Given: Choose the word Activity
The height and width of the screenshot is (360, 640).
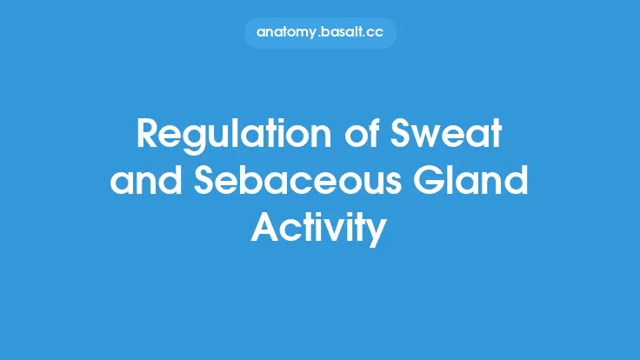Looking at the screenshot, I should coord(319,228).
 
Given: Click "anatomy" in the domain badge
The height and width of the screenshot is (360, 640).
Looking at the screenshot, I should coord(290,32).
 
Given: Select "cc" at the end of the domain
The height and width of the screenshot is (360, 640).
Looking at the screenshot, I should coord(383,32).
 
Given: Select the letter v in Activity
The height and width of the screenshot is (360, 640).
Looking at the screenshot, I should coord(330,230).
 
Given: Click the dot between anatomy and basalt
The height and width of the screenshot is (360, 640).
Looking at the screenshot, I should coord(325,36).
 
